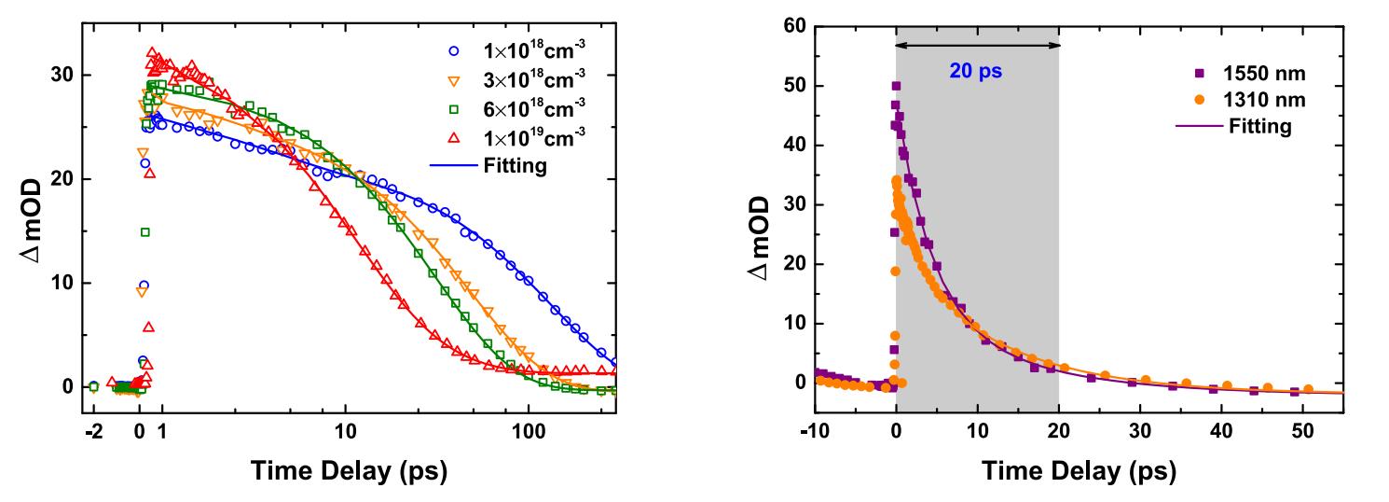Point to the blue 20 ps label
pos(976,70)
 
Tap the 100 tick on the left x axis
pos(529,433)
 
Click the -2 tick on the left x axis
pos(92,433)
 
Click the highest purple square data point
pos(897,86)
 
